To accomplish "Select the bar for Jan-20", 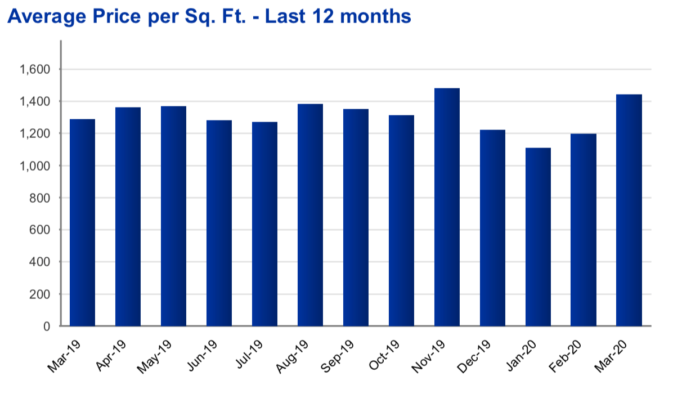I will tap(538, 237).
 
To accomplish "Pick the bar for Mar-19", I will tap(82, 222).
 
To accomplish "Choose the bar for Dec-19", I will tap(492, 228).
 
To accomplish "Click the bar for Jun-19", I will tap(219, 223).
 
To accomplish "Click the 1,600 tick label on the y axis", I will tap(35, 69).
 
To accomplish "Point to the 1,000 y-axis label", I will tap(35, 166).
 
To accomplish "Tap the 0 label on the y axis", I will tap(47, 326).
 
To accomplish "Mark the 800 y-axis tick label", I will tap(39, 198).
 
